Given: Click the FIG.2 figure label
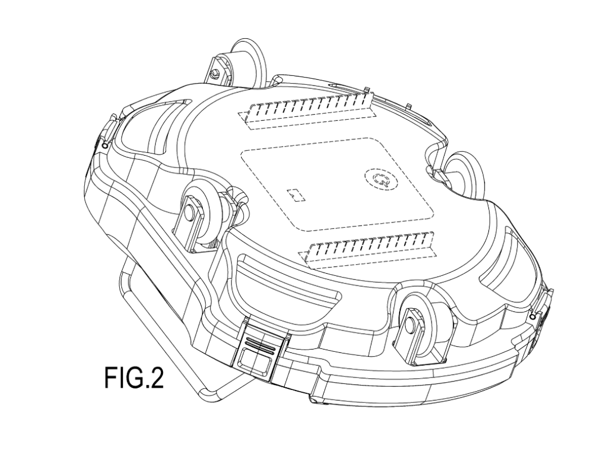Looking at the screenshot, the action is pos(134,378).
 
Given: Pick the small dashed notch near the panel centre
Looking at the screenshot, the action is pos(296,195).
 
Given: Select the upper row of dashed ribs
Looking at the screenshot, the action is pos(308,110).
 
